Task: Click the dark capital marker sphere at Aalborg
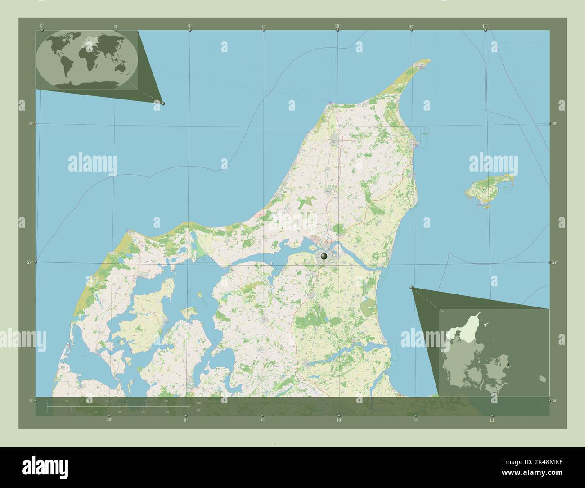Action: click(324, 256)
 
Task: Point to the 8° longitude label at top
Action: click(42, 27)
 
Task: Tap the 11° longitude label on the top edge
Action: click(485, 27)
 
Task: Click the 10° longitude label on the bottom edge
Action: click(339, 420)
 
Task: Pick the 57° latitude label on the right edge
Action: click(554, 262)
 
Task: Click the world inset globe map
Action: click(87, 59)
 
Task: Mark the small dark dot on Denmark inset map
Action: click(508, 364)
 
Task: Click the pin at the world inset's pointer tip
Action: click(163, 104)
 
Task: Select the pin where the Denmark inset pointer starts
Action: click(411, 288)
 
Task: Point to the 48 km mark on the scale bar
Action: click(166, 401)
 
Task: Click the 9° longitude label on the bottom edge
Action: click(185, 420)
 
